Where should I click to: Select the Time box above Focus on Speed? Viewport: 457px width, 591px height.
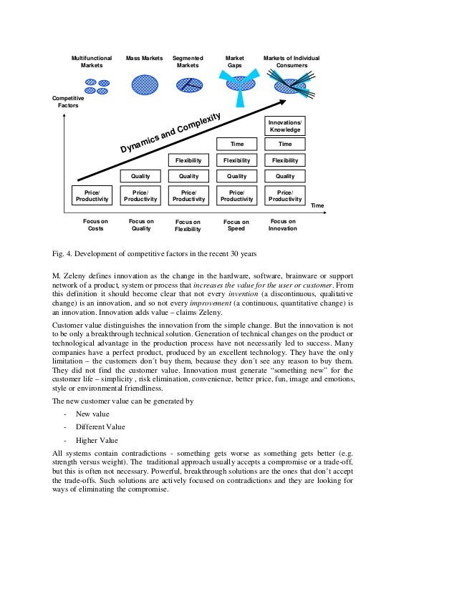[x=236, y=145]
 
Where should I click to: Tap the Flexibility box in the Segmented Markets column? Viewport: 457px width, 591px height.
[x=188, y=160]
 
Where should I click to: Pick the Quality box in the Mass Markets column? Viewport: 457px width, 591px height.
[x=140, y=176]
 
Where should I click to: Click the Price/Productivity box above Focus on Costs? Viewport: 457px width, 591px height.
[x=92, y=195]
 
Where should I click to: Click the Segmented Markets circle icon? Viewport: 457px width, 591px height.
[x=188, y=85]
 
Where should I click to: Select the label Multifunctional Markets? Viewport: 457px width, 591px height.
[x=92, y=62]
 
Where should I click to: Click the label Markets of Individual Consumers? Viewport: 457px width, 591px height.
[x=292, y=62]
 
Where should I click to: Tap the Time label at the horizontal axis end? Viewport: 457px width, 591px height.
[x=317, y=205]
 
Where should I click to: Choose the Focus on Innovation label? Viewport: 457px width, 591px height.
[x=282, y=225]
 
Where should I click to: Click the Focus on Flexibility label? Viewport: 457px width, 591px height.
[x=188, y=226]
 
